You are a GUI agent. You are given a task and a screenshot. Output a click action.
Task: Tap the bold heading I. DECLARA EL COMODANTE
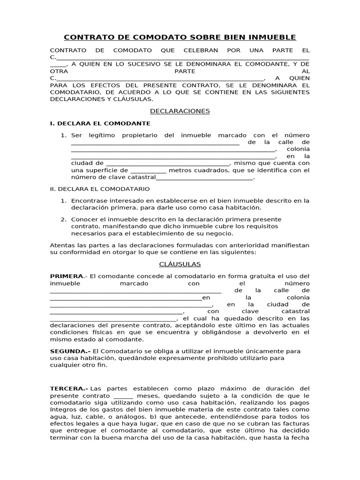click(x=100, y=123)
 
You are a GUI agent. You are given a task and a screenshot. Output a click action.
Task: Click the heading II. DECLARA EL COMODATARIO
click(x=99, y=188)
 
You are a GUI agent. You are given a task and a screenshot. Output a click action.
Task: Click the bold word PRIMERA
click(x=67, y=276)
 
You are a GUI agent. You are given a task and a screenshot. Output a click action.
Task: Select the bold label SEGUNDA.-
click(x=70, y=351)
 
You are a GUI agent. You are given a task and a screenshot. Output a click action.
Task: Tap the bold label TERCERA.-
click(x=69, y=389)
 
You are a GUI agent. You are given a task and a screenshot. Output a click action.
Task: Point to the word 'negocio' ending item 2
click(x=219, y=233)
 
